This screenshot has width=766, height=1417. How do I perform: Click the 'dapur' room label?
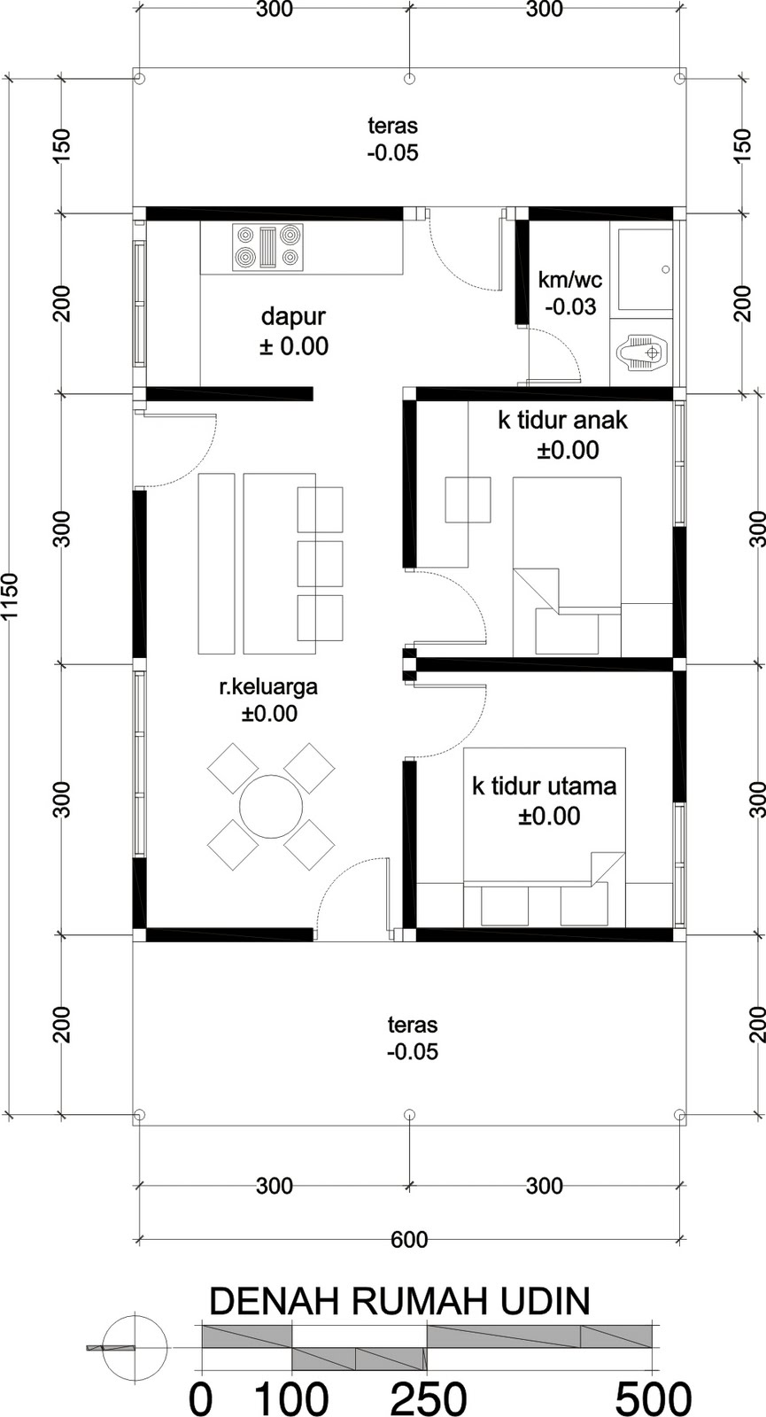[293, 316]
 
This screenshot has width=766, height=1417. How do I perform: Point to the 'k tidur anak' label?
[563, 420]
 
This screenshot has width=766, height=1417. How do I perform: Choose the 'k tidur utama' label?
[545, 786]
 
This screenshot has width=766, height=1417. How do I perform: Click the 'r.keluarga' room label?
[268, 686]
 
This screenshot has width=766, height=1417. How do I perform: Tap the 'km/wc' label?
[570, 279]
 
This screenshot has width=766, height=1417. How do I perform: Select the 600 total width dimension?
[409, 1240]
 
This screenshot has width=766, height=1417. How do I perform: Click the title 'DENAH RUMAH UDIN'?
[399, 1303]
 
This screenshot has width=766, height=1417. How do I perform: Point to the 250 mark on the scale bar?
[428, 1397]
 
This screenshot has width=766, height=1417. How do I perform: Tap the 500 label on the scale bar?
[654, 1397]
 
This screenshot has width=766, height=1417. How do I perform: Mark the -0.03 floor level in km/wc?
[570, 306]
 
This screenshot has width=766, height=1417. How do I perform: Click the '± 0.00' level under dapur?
[294, 346]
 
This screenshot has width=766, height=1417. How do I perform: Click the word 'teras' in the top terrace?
[393, 125]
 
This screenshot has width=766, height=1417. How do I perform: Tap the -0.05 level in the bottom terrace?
[413, 1051]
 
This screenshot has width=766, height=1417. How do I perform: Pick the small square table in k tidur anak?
[468, 499]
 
